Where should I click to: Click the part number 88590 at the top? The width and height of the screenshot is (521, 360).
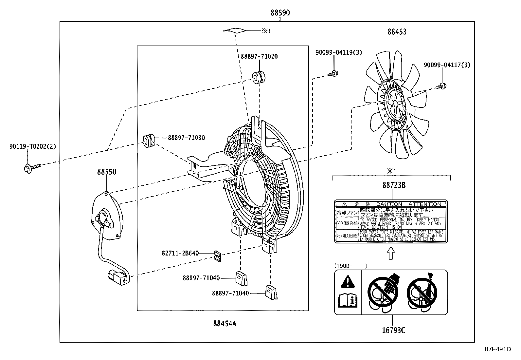[x=280, y=13]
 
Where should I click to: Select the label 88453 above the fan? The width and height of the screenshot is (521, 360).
[x=397, y=32]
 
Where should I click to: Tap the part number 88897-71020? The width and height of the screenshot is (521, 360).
[x=259, y=56]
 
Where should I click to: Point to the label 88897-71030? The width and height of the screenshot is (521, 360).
[x=187, y=138]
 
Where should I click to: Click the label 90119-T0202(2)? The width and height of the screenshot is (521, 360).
[x=32, y=146]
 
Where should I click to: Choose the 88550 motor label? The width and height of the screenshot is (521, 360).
[x=106, y=172]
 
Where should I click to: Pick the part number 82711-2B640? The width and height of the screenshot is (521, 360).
[x=180, y=253]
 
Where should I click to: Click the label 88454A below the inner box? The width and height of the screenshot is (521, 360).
[x=225, y=324]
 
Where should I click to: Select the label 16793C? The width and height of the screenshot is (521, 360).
[x=393, y=330]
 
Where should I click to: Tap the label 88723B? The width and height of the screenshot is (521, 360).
[x=394, y=185]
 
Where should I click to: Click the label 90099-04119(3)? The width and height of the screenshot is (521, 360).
[x=339, y=52]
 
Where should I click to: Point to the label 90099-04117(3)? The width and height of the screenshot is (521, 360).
[x=447, y=65]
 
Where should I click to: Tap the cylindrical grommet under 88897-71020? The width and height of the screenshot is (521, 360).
[x=259, y=77]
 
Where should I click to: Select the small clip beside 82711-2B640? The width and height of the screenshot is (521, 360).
[x=217, y=256]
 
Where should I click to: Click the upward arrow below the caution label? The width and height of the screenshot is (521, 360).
[x=391, y=253]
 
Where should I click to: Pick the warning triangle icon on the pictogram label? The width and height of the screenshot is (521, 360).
[x=347, y=281]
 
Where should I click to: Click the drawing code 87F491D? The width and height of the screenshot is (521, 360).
[x=498, y=349]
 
